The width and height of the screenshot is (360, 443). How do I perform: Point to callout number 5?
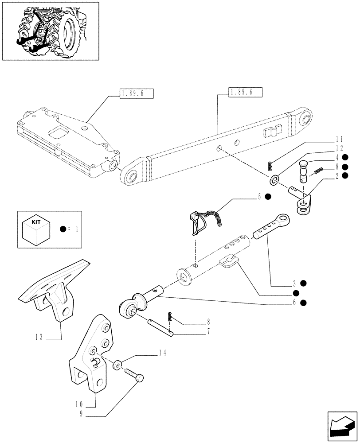259,197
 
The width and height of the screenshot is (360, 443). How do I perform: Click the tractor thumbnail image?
50,31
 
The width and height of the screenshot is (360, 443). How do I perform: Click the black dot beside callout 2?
344,176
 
